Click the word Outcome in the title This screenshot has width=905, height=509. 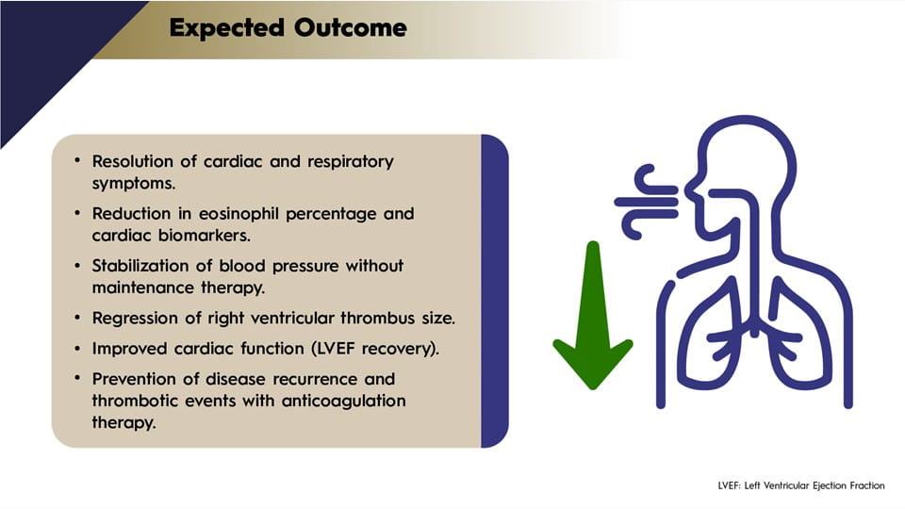click(351, 27)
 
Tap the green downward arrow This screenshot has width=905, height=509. click(593, 316)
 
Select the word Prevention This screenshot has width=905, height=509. click(135, 379)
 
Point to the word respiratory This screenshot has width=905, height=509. click(351, 162)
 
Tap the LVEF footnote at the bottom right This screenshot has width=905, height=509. click(801, 486)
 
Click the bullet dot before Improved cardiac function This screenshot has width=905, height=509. click(77, 348)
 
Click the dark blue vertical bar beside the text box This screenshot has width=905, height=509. click(495, 291)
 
